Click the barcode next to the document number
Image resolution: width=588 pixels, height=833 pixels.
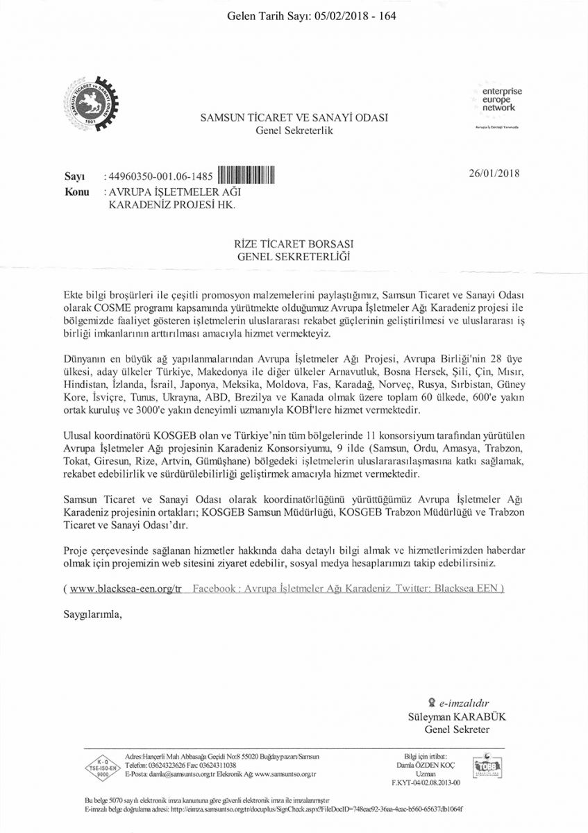click(247, 176)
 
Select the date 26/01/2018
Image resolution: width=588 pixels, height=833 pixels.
click(495, 174)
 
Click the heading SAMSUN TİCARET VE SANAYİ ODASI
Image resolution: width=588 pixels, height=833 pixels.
click(294, 118)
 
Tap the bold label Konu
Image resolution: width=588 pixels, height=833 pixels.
click(76, 191)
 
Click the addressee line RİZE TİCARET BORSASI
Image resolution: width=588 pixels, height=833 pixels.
click(294, 244)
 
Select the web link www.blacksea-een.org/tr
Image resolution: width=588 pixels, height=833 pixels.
click(126, 588)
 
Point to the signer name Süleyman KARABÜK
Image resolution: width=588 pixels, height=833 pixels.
click(449, 716)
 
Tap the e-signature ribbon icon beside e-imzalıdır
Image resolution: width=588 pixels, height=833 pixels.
click(432, 702)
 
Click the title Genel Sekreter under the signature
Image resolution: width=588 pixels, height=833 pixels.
click(457, 729)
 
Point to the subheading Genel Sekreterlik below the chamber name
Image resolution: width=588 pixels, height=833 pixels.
click(294, 131)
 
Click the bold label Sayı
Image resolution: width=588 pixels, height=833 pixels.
click(74, 177)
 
